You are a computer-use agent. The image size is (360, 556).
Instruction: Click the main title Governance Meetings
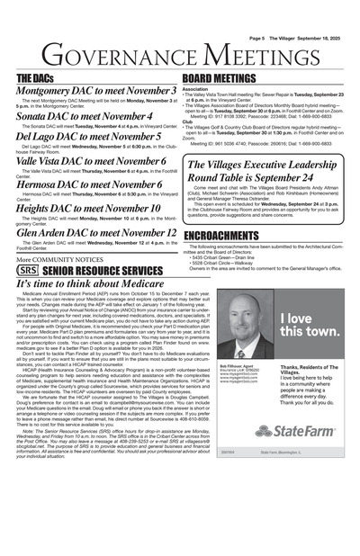click(x=180, y=54)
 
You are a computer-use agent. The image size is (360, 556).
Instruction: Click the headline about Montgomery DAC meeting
click(x=96, y=92)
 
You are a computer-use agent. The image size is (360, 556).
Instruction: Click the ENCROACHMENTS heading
click(x=221, y=236)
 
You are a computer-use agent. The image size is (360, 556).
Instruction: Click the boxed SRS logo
click(x=28, y=270)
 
